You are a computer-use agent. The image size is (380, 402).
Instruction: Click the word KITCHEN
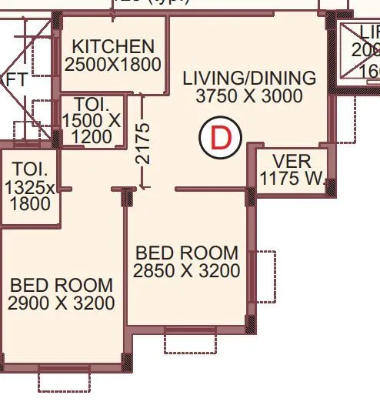coord(113,46)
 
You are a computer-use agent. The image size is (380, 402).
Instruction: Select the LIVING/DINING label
coord(248,79)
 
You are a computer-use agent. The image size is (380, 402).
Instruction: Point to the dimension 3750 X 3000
coord(248,96)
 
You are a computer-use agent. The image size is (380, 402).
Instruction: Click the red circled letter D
coord(221,139)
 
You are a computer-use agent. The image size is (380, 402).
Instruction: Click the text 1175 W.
coord(293,180)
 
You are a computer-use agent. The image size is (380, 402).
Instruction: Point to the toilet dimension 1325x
coord(30,187)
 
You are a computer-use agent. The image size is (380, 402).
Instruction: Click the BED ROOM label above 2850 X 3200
coord(187,253)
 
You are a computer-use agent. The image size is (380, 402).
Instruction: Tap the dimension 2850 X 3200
coord(187,270)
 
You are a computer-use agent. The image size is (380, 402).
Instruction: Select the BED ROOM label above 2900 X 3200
coord(62,285)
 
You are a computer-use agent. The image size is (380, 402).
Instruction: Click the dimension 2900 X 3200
coord(62,303)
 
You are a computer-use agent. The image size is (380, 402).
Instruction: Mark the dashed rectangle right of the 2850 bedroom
coord(265,276)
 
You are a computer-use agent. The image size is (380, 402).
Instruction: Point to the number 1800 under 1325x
coord(30,204)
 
